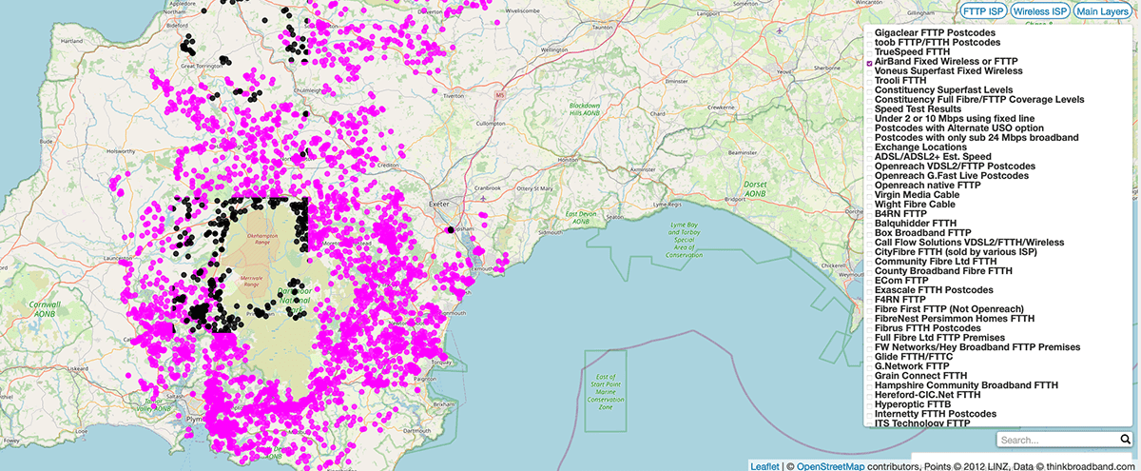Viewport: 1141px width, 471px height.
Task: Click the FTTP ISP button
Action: coord(983,11)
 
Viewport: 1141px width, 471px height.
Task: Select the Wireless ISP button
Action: coord(1039,11)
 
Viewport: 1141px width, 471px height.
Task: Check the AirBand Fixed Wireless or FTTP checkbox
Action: coord(870,62)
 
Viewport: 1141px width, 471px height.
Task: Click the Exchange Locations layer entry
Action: coord(921,147)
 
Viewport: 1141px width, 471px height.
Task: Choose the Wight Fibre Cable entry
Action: coord(915,205)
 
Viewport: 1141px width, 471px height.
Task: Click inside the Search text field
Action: coord(1054,441)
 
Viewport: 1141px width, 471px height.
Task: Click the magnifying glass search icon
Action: coord(1123,440)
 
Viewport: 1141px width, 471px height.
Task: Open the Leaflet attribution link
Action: coord(764,465)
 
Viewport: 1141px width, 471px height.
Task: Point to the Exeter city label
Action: coord(437,204)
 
